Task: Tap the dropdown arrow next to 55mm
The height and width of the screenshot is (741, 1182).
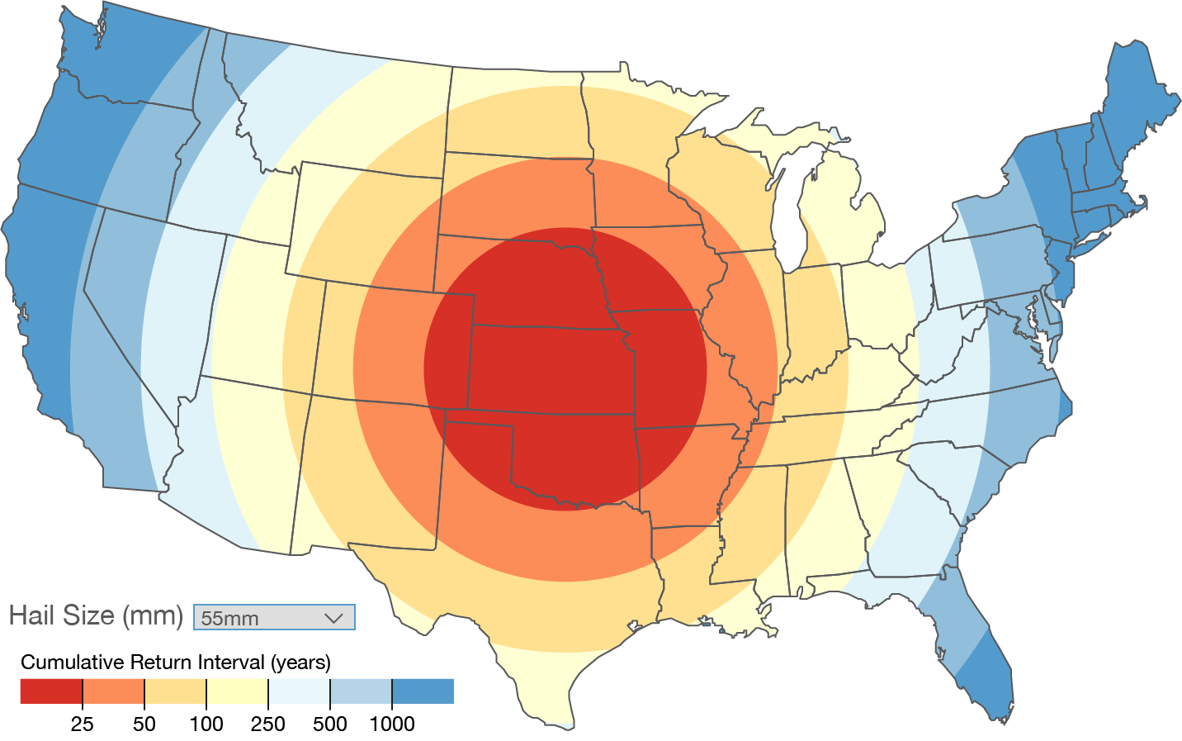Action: (333, 617)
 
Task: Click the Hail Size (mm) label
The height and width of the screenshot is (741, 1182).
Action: (96, 615)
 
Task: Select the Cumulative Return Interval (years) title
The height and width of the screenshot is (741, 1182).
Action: (176, 663)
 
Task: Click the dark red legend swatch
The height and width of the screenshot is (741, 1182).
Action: (50, 691)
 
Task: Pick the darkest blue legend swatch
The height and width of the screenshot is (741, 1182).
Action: (423, 691)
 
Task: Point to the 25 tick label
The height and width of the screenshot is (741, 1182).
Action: (82, 724)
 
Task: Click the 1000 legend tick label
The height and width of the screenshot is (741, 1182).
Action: (391, 724)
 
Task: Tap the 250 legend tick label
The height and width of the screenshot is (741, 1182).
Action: (267, 724)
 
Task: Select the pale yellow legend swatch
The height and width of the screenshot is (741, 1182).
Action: (237, 691)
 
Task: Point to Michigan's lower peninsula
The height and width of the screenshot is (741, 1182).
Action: (842, 215)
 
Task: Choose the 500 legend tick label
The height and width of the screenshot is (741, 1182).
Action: (329, 724)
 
